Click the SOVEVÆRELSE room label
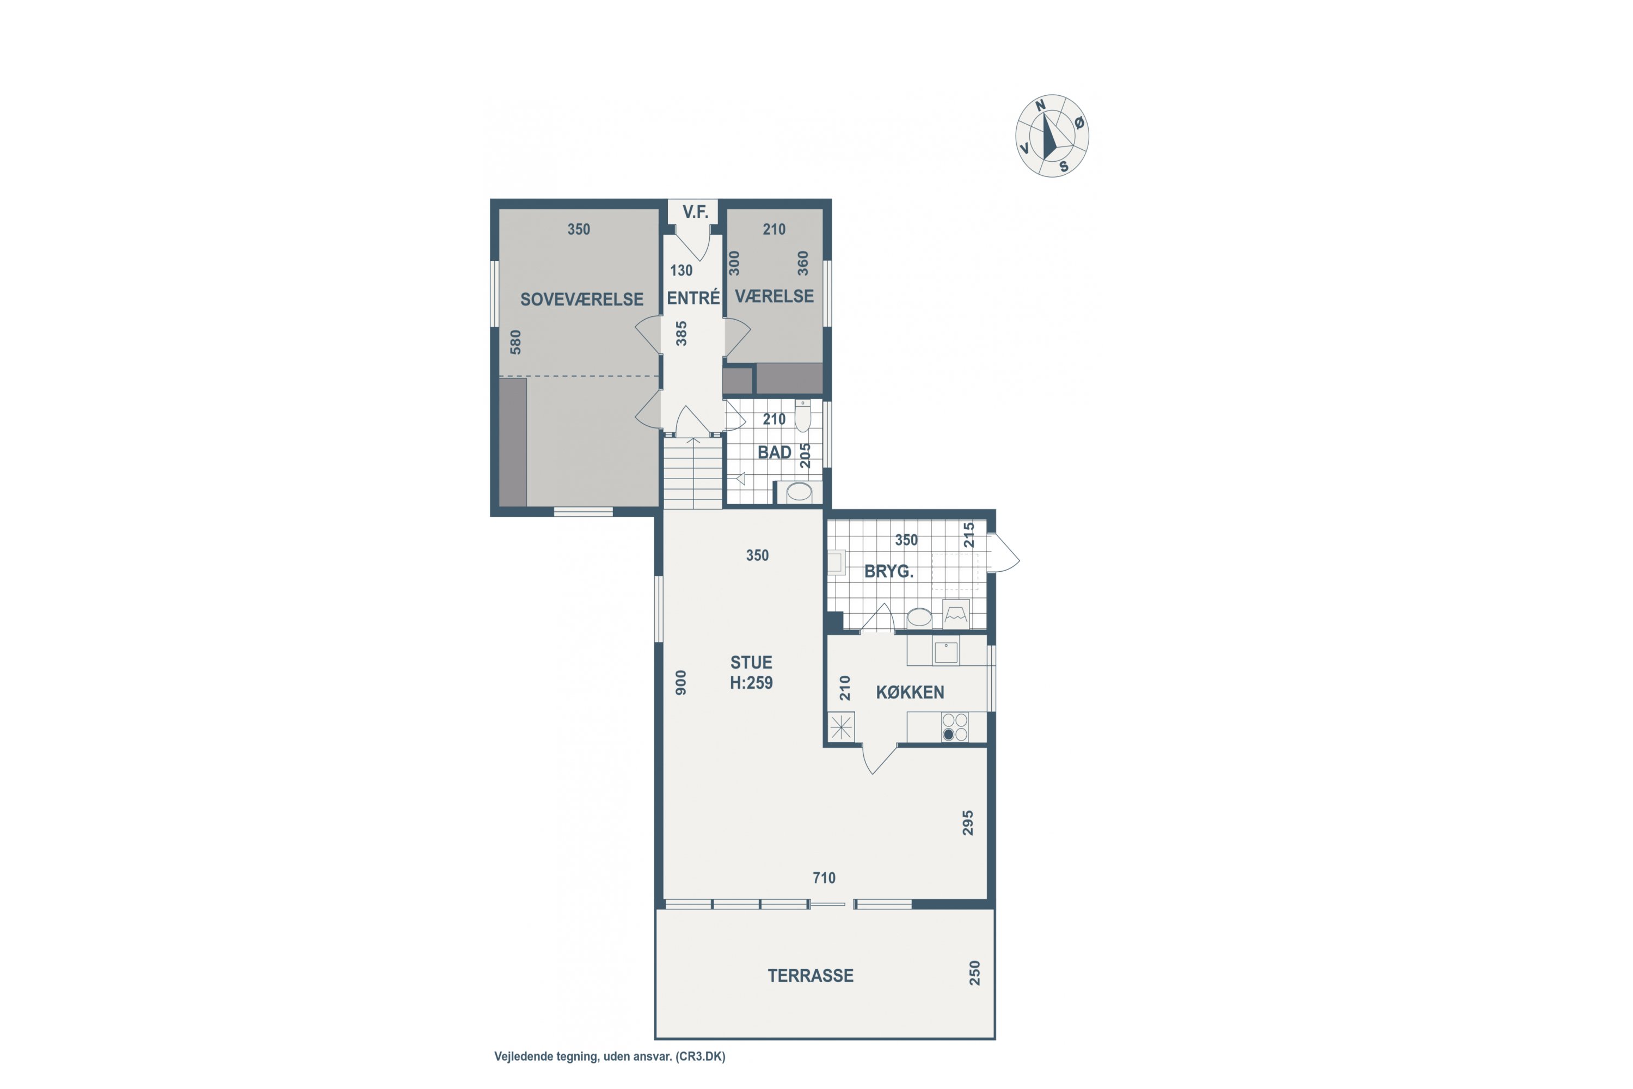[582, 299]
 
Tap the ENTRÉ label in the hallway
[693, 297]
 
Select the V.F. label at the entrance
[695, 212]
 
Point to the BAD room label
[774, 452]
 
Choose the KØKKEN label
[910, 693]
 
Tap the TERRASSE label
[811, 976]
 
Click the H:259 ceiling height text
[751, 683]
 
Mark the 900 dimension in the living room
[681, 682]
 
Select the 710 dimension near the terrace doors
[824, 878]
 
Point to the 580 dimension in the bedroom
[515, 342]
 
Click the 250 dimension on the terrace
[975, 973]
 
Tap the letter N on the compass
[1040, 106]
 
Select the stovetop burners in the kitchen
[955, 727]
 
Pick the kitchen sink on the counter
[946, 652]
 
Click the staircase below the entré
[693, 474]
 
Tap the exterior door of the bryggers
[1003, 553]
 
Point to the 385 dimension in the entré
[681, 333]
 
